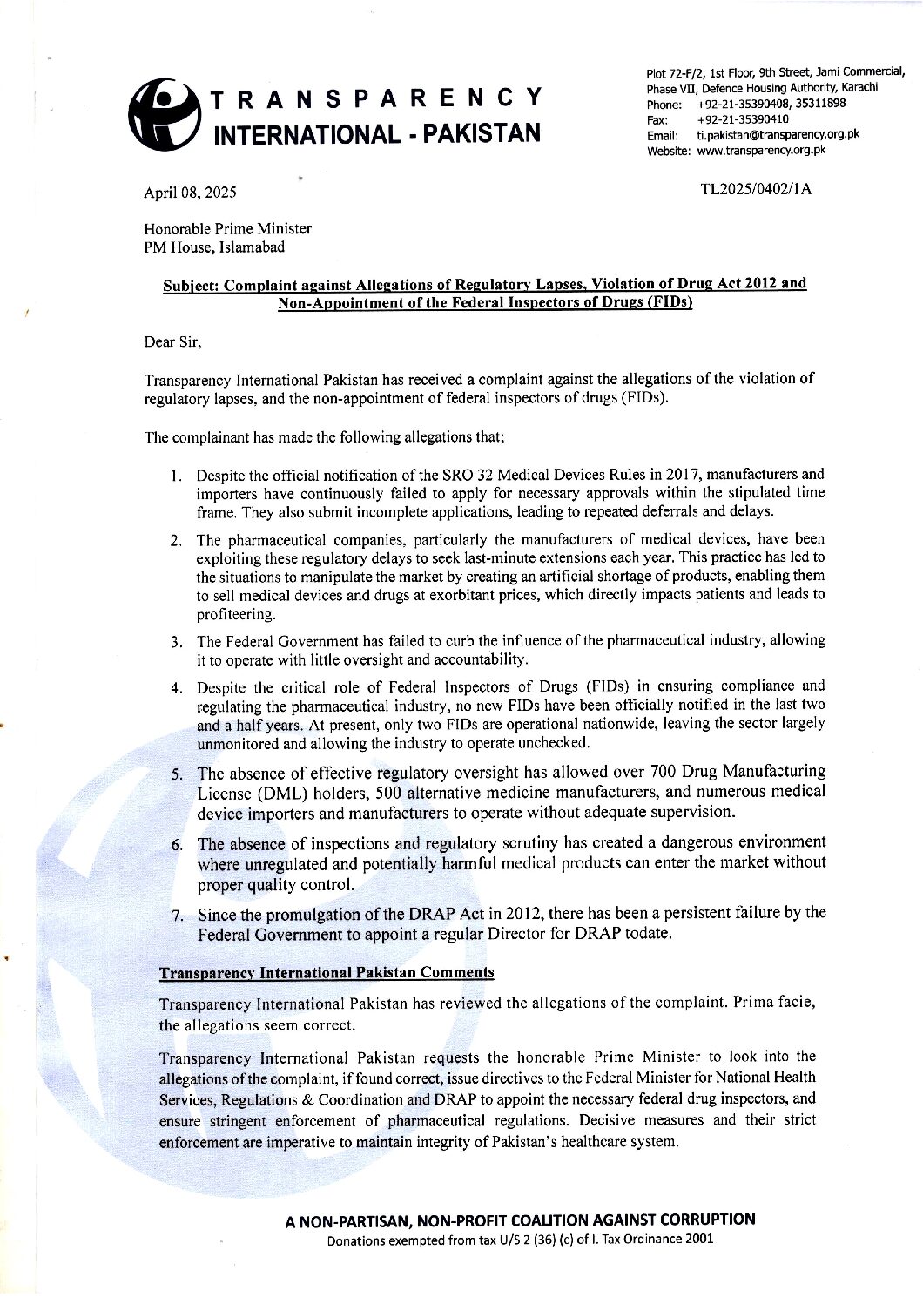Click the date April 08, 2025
pos(190,193)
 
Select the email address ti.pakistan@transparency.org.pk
pos(778,134)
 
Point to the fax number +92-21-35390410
pos(743,118)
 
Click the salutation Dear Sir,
pos(172,341)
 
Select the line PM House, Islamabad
pos(213,247)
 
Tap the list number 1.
pos(176,476)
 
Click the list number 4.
pos(176,687)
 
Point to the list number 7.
pos(177,916)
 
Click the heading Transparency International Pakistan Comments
pos(327,972)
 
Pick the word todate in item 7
pos(650,934)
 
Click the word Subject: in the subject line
pos(190,284)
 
